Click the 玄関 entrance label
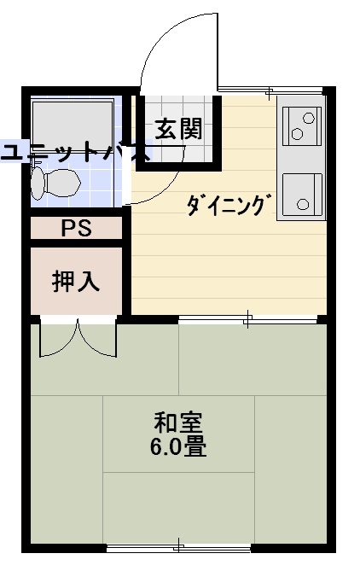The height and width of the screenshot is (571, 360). [178, 129]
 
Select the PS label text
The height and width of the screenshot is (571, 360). [76, 229]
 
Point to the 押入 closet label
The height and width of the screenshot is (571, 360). [76, 281]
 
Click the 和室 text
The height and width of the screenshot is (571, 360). [177, 422]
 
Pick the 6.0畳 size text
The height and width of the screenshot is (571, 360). [178, 447]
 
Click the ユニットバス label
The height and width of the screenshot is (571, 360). [74, 152]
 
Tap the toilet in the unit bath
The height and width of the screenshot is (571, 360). [55, 183]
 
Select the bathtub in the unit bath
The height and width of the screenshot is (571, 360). [73, 123]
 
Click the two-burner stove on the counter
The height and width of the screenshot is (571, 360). [302, 126]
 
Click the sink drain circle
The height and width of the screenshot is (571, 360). [303, 204]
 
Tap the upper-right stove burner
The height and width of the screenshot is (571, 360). [309, 118]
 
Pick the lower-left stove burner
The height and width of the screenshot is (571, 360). [298, 134]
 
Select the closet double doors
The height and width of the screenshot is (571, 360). [78, 338]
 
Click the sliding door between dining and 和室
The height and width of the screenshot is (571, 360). [247, 320]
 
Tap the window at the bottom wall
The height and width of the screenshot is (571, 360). [178, 547]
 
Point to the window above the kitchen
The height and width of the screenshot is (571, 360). [270, 90]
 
